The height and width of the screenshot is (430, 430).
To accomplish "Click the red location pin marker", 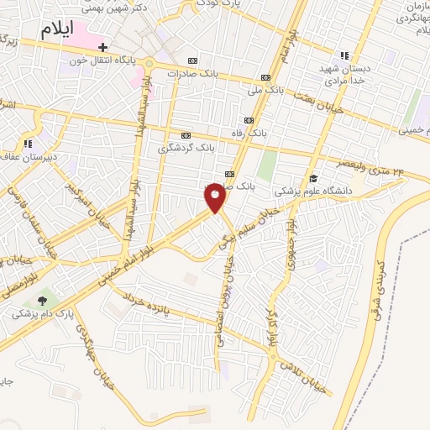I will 215,197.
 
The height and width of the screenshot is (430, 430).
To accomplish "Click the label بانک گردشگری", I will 186,148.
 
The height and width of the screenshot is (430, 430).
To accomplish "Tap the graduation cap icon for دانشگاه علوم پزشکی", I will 313,178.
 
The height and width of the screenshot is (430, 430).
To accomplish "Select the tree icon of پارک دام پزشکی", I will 42,301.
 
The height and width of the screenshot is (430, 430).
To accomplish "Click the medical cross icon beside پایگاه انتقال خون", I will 102,48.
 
